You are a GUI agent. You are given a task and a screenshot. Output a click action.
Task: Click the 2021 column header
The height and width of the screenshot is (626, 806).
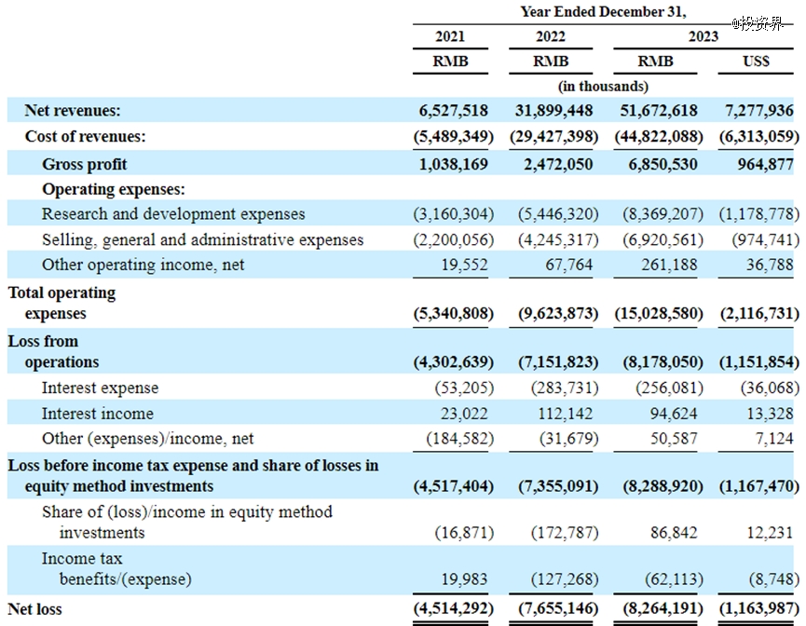point(450,36)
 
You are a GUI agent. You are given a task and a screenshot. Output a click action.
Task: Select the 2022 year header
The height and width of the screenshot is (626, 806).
point(551,36)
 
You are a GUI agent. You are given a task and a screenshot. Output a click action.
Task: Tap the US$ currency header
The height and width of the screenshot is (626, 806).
point(756,61)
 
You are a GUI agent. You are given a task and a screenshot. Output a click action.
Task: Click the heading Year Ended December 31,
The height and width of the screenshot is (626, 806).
point(604,12)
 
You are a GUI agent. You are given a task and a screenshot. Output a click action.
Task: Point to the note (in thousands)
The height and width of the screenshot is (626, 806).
point(603,86)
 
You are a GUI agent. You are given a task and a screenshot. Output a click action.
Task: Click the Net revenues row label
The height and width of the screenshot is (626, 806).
point(73,110)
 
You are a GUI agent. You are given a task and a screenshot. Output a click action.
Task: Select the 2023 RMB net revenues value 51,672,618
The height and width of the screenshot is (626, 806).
point(659,110)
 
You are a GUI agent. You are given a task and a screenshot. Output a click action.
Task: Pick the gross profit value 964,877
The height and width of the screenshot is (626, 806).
point(765,164)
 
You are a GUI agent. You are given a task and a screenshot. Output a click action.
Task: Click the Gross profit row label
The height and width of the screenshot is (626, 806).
point(84,164)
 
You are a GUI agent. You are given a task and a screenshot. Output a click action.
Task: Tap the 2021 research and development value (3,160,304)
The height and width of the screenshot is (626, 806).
point(454,214)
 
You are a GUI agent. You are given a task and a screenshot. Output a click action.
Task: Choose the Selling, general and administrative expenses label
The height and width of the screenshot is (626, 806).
point(202,239)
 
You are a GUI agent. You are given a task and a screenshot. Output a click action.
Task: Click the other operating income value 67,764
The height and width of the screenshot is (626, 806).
point(569,265)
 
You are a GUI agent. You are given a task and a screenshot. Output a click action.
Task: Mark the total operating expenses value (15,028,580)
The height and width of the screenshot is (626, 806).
point(659,313)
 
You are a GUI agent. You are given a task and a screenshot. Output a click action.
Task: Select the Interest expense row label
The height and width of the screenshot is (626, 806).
point(101,388)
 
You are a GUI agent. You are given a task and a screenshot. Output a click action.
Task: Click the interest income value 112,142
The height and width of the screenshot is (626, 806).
point(565,414)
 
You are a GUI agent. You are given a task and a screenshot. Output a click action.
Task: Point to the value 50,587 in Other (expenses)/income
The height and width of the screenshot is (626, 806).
point(674,438)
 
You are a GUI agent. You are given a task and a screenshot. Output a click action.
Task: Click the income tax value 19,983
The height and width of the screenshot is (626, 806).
point(464,578)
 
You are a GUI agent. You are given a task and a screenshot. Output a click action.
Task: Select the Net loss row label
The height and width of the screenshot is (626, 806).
point(35,609)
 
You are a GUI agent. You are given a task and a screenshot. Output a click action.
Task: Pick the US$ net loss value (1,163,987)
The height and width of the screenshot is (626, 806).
point(759,608)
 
